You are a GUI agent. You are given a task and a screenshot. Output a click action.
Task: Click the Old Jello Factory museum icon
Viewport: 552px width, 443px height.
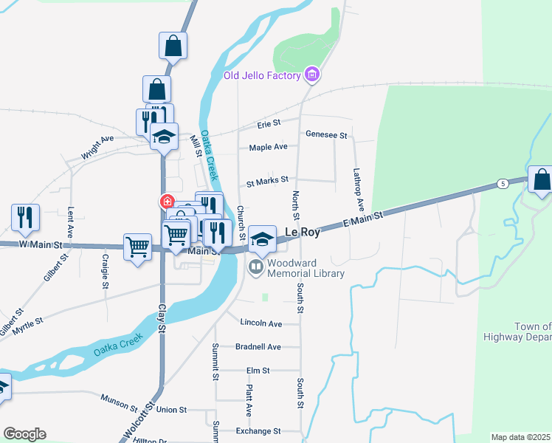coord(312,75)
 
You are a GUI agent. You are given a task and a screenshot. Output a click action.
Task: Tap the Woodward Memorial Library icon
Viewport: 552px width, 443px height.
coord(257,267)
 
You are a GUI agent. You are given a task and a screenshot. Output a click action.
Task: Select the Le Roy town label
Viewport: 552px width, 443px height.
coord(303,233)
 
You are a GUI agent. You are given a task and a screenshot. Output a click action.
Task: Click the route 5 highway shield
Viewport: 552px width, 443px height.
coord(502,183)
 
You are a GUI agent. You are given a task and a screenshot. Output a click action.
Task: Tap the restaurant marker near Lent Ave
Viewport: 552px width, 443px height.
coord(25,217)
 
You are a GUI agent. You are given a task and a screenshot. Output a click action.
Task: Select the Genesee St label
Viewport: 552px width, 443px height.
coord(326,135)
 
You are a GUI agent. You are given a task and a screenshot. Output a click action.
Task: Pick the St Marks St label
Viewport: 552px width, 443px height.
coord(267,179)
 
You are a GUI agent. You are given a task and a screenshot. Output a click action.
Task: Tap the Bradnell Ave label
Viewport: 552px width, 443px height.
coord(258,347)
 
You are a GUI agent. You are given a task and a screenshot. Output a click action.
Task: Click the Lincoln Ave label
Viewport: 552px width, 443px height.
coord(261,323)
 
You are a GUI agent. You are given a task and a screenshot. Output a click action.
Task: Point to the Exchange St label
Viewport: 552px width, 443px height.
coord(258,430)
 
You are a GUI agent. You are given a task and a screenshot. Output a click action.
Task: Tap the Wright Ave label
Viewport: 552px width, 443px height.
coord(97,148)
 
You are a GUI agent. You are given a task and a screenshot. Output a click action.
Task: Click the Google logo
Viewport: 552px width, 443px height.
coord(24,434)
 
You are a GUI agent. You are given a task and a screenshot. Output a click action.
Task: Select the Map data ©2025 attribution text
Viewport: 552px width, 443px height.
coord(520,437)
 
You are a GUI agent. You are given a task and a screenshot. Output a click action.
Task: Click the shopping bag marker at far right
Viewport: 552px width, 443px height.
coord(542,180)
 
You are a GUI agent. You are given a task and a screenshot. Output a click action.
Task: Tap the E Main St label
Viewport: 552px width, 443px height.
coord(363,219)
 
